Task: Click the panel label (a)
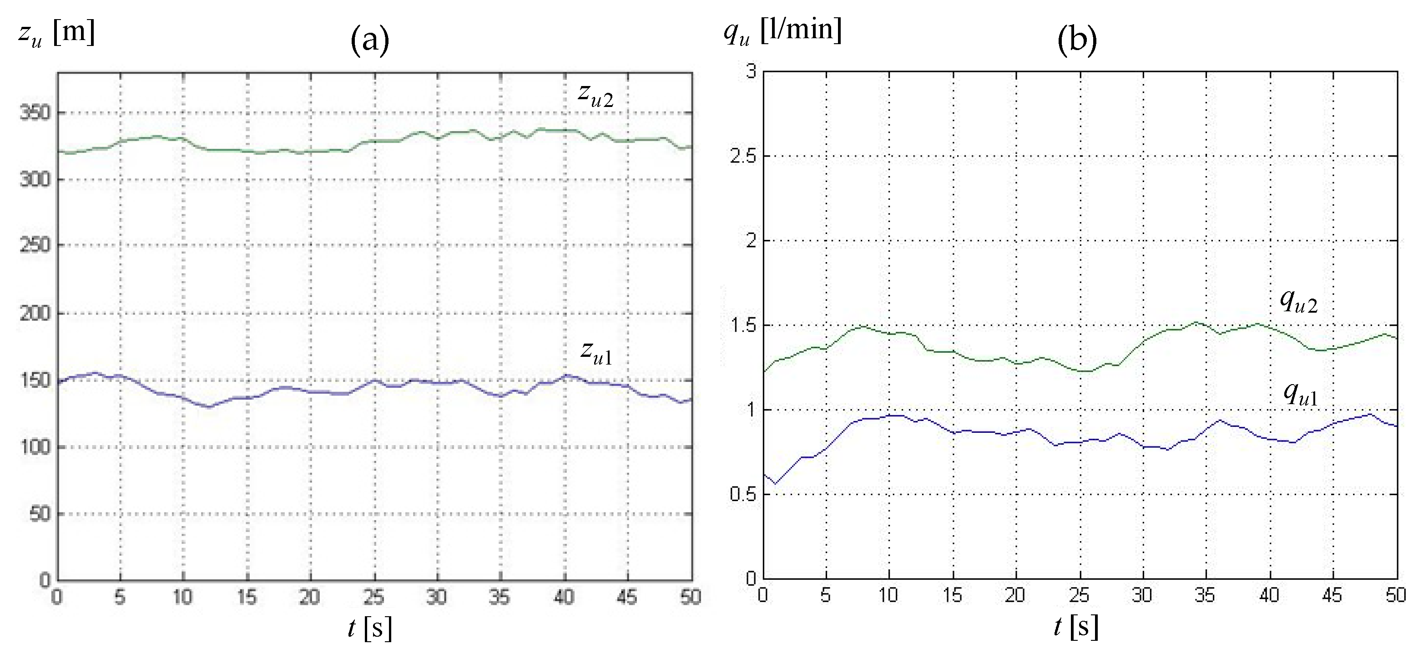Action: click(x=369, y=40)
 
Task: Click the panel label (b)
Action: click(x=1076, y=40)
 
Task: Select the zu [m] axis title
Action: click(x=57, y=33)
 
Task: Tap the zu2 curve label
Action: click(x=595, y=95)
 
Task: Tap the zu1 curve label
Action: click(x=596, y=352)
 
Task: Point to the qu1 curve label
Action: click(x=1300, y=395)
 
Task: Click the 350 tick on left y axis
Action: click(x=35, y=113)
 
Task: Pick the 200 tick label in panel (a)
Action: click(x=35, y=314)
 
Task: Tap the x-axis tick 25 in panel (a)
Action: click(x=374, y=597)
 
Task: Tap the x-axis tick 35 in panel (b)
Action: click(x=1205, y=595)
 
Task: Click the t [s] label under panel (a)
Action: click(x=369, y=628)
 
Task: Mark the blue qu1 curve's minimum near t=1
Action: click(x=775, y=484)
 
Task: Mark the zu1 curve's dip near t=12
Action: click(x=209, y=407)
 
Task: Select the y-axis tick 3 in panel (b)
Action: click(x=751, y=71)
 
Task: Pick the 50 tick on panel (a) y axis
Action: click(x=40, y=514)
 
